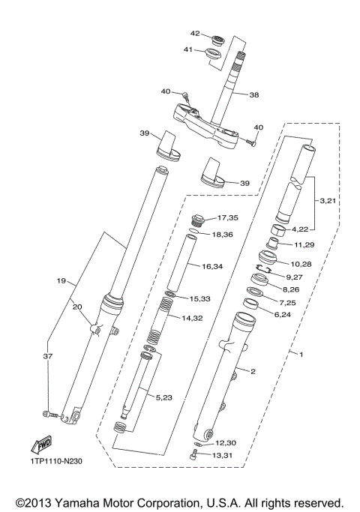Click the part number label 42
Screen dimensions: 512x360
[194, 34]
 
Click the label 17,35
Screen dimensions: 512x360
[228, 218]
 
